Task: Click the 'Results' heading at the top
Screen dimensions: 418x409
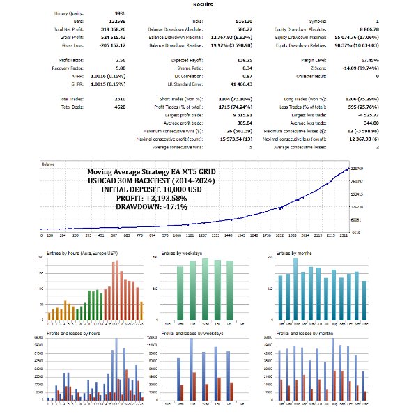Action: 203,4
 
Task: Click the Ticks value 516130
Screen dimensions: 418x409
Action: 226,21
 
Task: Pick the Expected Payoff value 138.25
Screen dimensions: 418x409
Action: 226,61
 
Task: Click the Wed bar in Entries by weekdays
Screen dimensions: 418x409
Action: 205,289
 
